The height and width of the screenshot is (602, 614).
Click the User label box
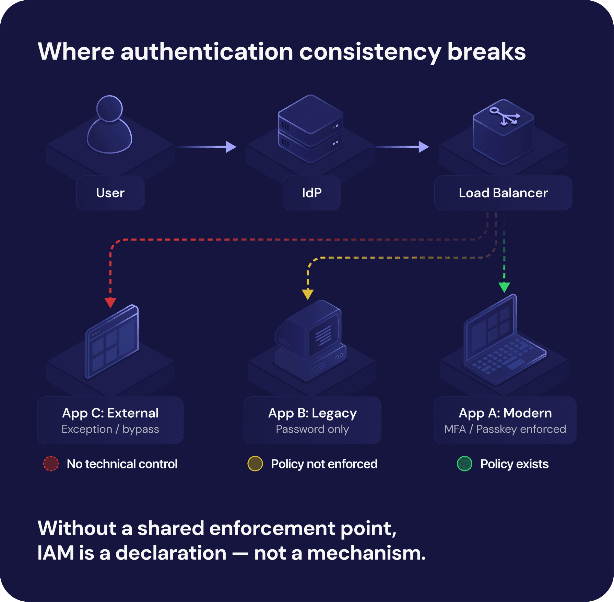pyautogui.click(x=110, y=193)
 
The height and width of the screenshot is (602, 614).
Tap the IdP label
pyautogui.click(x=312, y=193)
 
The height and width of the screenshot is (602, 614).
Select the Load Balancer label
pyautogui.click(x=503, y=193)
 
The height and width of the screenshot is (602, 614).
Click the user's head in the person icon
pyautogui.click(x=109, y=108)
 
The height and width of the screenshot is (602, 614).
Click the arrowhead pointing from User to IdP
pyautogui.click(x=231, y=147)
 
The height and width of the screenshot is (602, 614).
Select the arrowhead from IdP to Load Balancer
pyautogui.click(x=424, y=147)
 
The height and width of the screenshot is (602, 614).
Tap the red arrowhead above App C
pyautogui.click(x=110, y=303)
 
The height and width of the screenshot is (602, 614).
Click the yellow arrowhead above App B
pyautogui.click(x=308, y=294)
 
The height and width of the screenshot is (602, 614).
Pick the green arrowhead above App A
pyautogui.click(x=504, y=287)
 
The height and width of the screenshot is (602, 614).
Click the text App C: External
pyautogui.click(x=110, y=413)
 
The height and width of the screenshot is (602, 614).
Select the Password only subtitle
pyautogui.click(x=312, y=429)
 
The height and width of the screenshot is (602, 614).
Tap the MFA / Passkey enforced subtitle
pyautogui.click(x=505, y=429)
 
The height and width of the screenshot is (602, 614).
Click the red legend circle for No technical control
pyautogui.click(x=51, y=464)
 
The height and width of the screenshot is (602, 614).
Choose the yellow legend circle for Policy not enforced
pyautogui.click(x=255, y=464)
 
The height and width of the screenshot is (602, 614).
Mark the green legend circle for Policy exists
pyautogui.click(x=465, y=464)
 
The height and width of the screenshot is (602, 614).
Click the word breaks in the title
pyautogui.click(x=486, y=52)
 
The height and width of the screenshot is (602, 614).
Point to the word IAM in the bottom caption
pyautogui.click(x=56, y=553)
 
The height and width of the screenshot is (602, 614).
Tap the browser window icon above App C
pyautogui.click(x=112, y=342)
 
